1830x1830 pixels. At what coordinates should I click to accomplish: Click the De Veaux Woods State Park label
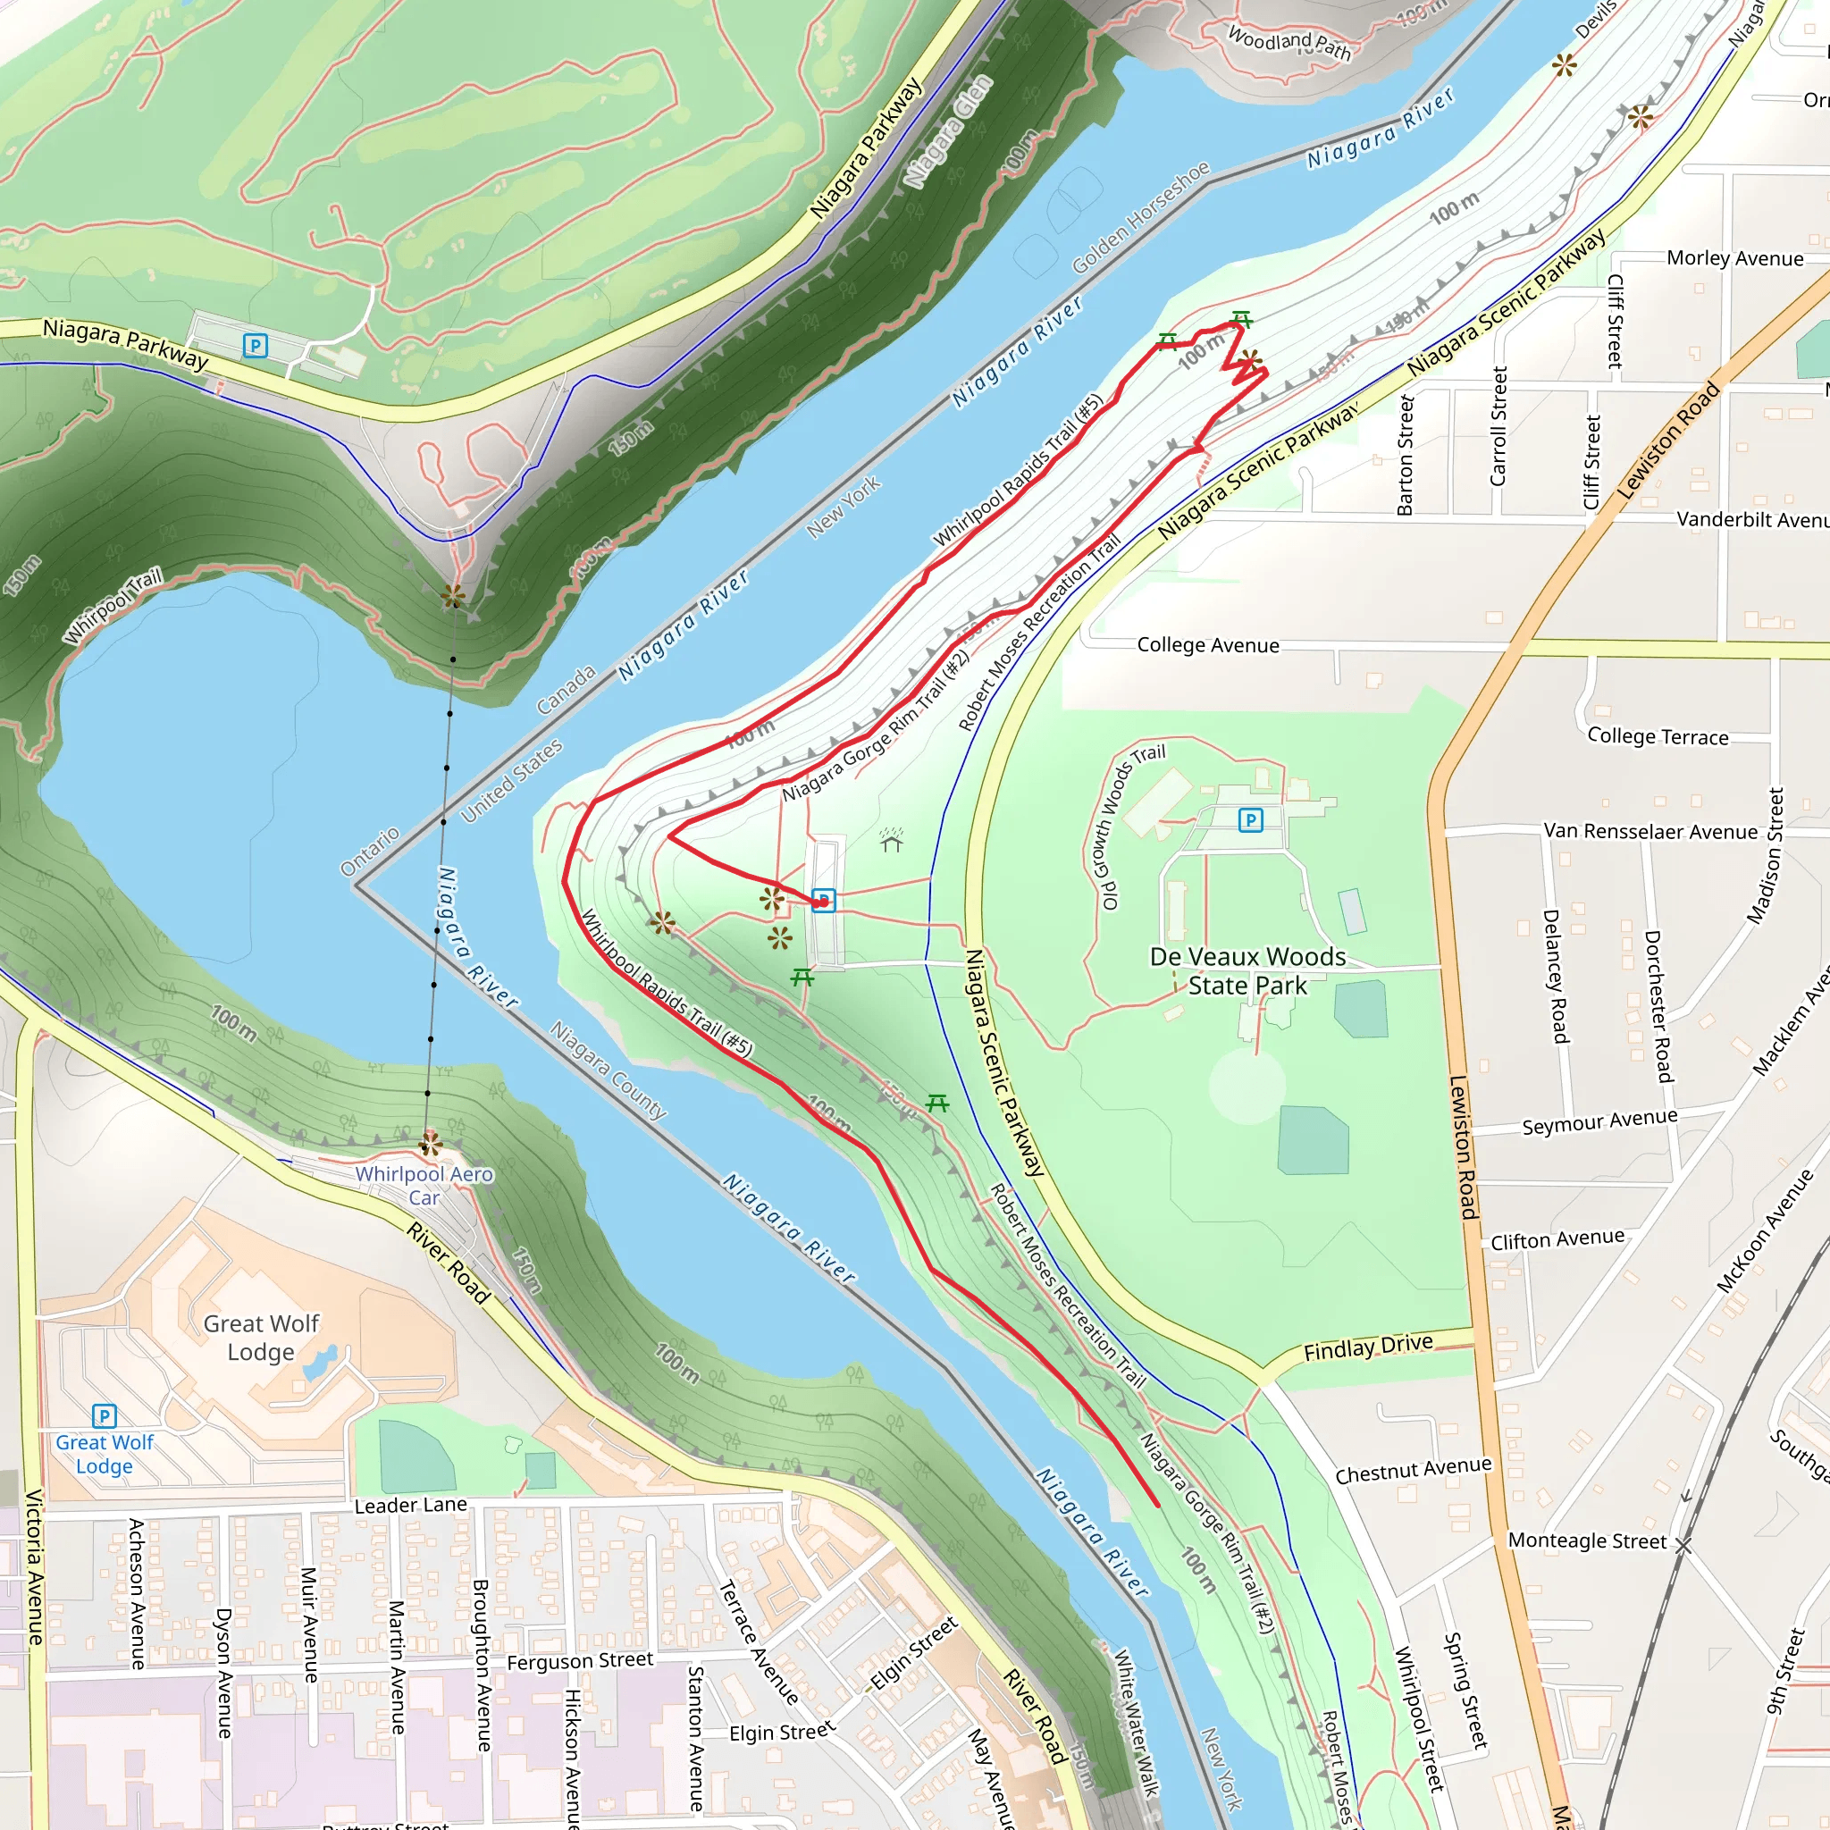[x=1247, y=971]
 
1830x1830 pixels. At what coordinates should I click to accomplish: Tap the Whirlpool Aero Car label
[x=424, y=1185]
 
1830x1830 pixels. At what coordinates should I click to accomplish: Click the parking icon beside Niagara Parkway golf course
[x=255, y=346]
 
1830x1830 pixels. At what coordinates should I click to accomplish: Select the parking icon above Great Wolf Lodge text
[x=105, y=1416]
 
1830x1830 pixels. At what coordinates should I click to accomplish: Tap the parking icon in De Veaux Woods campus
[x=1250, y=820]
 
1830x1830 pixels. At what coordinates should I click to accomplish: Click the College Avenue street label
[x=1208, y=645]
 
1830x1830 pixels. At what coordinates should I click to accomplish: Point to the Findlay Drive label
[x=1368, y=1347]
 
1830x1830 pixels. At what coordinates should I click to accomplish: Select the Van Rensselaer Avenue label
[x=1650, y=832]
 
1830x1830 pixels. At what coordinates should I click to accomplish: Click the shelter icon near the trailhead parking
[x=890, y=840]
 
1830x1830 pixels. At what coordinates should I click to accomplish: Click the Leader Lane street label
[x=410, y=1505]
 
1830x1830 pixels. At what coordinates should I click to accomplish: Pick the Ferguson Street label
[x=580, y=1661]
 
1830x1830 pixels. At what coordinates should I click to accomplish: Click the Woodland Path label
[x=1289, y=43]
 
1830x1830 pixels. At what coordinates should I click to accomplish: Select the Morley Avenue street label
[x=1734, y=258]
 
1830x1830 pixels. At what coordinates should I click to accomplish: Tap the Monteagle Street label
[x=1587, y=1541]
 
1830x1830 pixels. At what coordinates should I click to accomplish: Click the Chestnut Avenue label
[x=1413, y=1470]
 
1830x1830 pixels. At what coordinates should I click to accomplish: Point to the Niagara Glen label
[x=947, y=130]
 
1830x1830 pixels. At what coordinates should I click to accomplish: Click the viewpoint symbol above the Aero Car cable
[x=453, y=596]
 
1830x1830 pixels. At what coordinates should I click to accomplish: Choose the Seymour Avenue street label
[x=1599, y=1121]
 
